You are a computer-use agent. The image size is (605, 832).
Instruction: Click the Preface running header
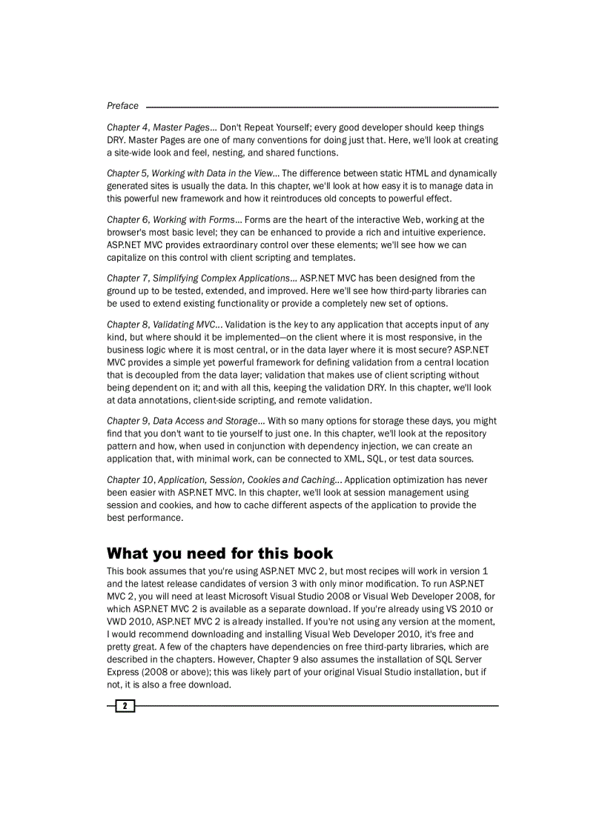(122, 106)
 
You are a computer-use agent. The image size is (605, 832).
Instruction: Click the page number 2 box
(125, 705)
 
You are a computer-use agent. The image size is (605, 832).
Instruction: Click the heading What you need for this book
(219, 553)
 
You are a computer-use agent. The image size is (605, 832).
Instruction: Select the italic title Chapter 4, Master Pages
(158, 127)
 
